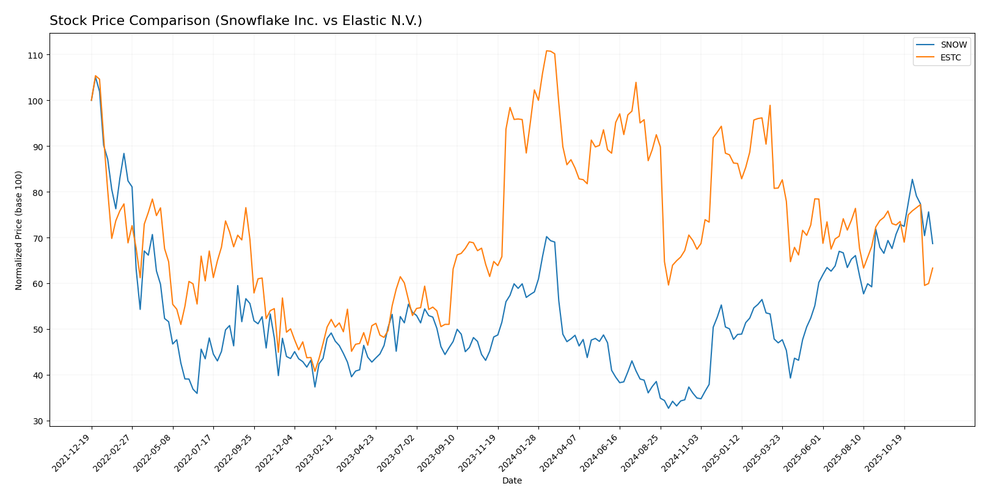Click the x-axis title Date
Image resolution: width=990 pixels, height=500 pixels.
click(512, 481)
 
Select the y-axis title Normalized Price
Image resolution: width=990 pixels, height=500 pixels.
click(19, 231)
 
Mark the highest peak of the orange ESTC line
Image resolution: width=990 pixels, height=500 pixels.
click(546, 51)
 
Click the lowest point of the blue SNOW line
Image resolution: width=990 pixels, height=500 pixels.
click(669, 408)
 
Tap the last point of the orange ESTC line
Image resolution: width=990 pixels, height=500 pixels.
click(933, 267)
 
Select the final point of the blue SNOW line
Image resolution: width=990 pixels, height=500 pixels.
click(933, 244)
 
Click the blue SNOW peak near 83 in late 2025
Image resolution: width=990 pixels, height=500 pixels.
click(912, 179)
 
